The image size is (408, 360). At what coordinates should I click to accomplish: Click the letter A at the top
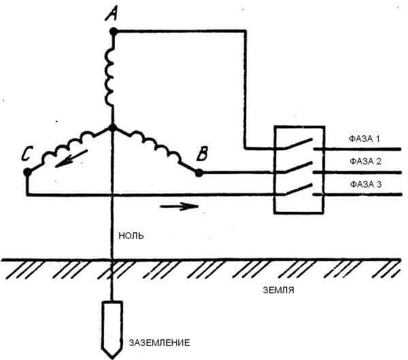[x=112, y=14]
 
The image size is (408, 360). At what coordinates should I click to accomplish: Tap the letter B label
[x=202, y=154]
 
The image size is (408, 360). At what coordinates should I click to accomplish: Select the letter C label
[x=27, y=154]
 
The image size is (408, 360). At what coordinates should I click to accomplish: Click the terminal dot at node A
[x=114, y=32]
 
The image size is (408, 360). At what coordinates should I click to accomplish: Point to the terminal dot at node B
[x=199, y=173]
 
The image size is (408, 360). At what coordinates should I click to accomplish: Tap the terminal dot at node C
[x=27, y=172]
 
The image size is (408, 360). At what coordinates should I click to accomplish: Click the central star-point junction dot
[x=113, y=128]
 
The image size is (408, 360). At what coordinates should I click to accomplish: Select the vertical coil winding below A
[x=109, y=77]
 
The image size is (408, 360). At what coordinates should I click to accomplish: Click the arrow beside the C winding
[x=71, y=158]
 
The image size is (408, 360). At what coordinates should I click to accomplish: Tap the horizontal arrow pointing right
[x=179, y=206]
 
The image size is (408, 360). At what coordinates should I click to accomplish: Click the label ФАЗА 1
[x=364, y=139]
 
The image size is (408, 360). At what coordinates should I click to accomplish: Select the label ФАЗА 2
[x=365, y=162]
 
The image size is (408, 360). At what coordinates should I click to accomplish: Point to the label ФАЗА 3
[x=366, y=184]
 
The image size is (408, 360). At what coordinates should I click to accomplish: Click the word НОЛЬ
[x=131, y=236]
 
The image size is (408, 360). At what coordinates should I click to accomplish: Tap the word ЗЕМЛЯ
[x=278, y=290]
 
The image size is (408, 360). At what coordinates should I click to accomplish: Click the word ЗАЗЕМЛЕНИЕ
[x=160, y=342]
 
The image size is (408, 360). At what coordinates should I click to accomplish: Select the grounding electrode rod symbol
[x=112, y=329]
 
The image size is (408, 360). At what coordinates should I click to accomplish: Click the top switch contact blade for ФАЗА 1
[x=299, y=144]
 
